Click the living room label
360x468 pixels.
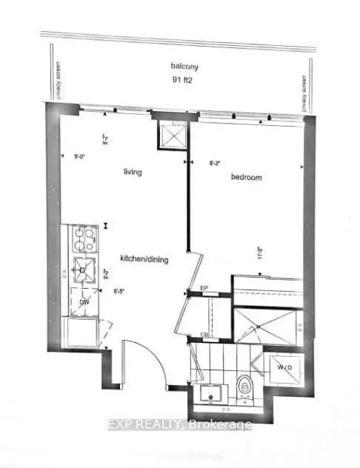coord(133,172)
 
